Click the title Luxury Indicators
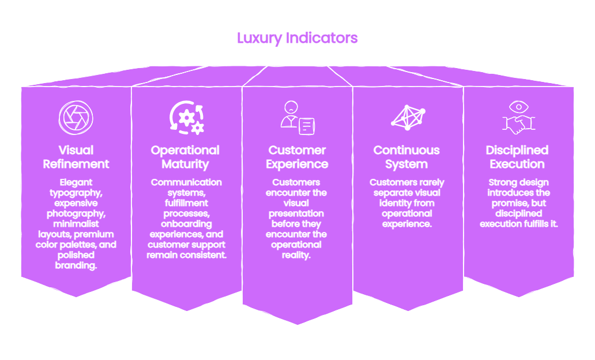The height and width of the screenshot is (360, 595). pos(297,38)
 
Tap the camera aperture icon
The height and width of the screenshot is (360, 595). pos(76,118)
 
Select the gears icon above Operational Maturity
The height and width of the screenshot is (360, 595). pos(187,118)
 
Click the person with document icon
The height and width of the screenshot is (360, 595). pos(298,118)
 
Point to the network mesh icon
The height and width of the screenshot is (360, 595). pos(408,118)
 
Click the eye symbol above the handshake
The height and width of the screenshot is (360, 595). pos(519,107)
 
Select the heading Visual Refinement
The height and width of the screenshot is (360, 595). pos(76,157)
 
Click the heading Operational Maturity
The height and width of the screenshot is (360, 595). pos(185,157)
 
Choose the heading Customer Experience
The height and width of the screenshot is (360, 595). pos(297,157)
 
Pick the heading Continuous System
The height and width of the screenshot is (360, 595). pos(406,157)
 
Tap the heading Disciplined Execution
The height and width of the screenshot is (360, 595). pos(517,157)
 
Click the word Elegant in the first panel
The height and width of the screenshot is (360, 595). pos(76,183)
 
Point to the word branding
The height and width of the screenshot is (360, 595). pos(76,265)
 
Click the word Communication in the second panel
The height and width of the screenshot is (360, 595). pos(186,182)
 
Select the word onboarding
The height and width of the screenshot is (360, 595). pos(186,224)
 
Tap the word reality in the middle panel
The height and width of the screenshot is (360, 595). pos(296,255)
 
